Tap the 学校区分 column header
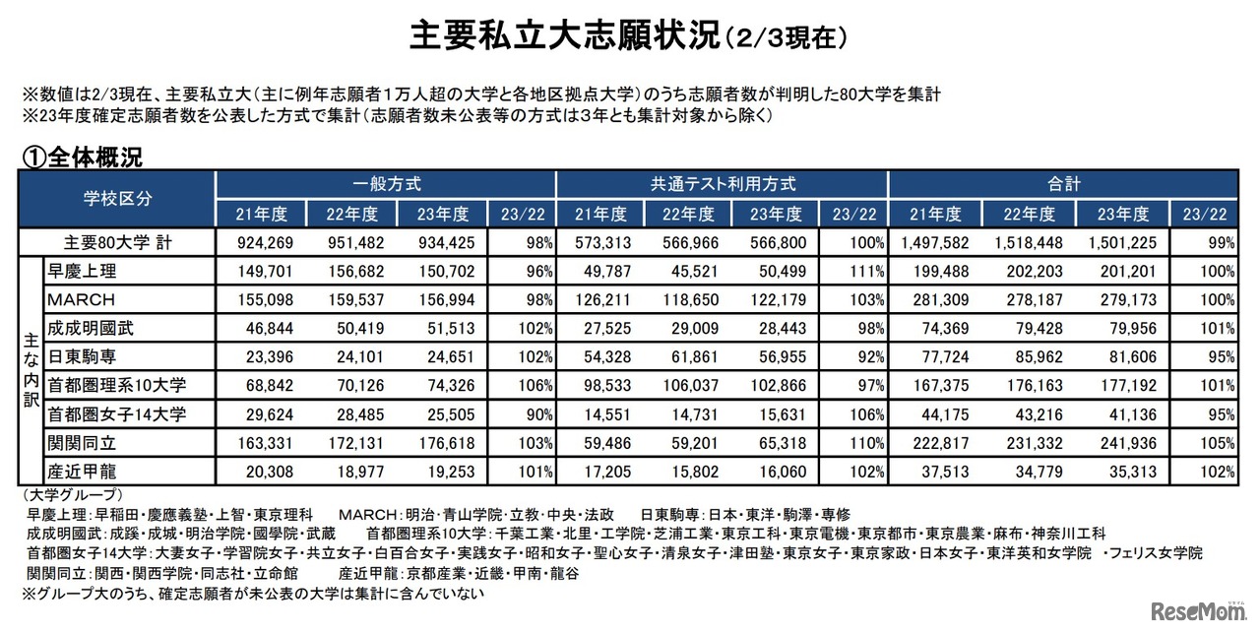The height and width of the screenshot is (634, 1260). pos(117,198)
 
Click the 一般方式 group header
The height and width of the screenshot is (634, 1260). pos(386,183)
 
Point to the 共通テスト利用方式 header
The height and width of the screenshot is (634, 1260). pos(723,183)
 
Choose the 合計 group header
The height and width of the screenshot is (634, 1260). pos(1063,183)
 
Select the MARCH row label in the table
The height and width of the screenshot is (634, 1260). pos(82,299)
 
